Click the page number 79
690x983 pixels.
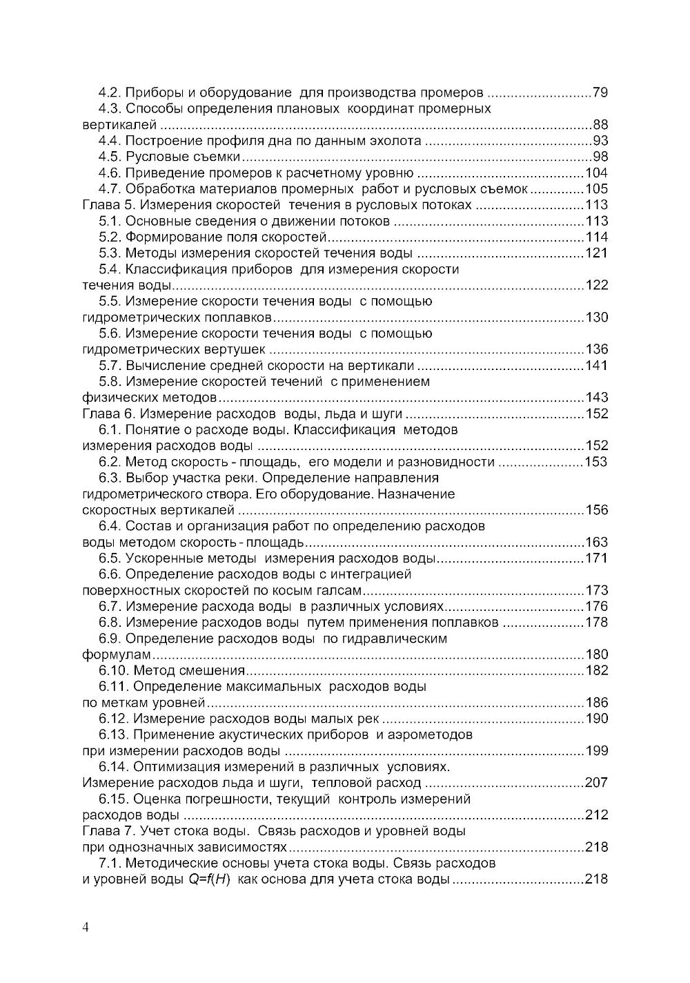click(x=600, y=93)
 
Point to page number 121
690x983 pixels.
click(x=596, y=253)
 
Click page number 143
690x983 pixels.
click(x=596, y=398)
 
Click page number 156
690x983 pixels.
click(x=596, y=510)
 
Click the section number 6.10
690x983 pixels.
click(x=113, y=670)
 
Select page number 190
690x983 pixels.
click(x=596, y=719)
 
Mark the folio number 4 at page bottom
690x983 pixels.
click(x=86, y=928)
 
